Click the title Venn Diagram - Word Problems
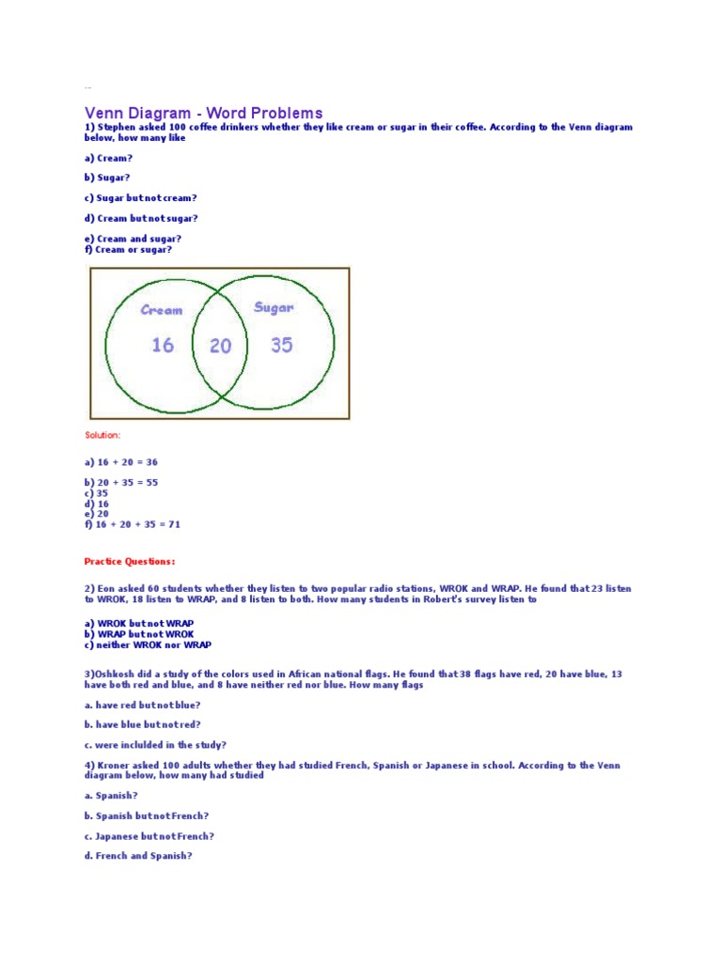(x=203, y=114)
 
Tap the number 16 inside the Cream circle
(x=163, y=346)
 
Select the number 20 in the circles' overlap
(x=220, y=347)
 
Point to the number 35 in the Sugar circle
(x=282, y=345)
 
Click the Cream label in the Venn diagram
(x=162, y=310)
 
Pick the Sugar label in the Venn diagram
(x=274, y=307)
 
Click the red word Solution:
(x=102, y=435)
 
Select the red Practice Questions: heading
(x=130, y=562)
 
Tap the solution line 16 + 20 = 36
(x=121, y=462)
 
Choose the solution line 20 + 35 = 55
(x=121, y=482)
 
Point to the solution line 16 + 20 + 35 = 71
(x=132, y=524)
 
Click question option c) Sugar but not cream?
(x=141, y=198)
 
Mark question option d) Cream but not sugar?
(x=141, y=218)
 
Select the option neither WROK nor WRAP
(x=148, y=644)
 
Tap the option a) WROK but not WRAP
(x=139, y=623)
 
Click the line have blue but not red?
(x=142, y=724)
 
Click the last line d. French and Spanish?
(x=138, y=856)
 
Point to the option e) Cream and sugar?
(x=133, y=239)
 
